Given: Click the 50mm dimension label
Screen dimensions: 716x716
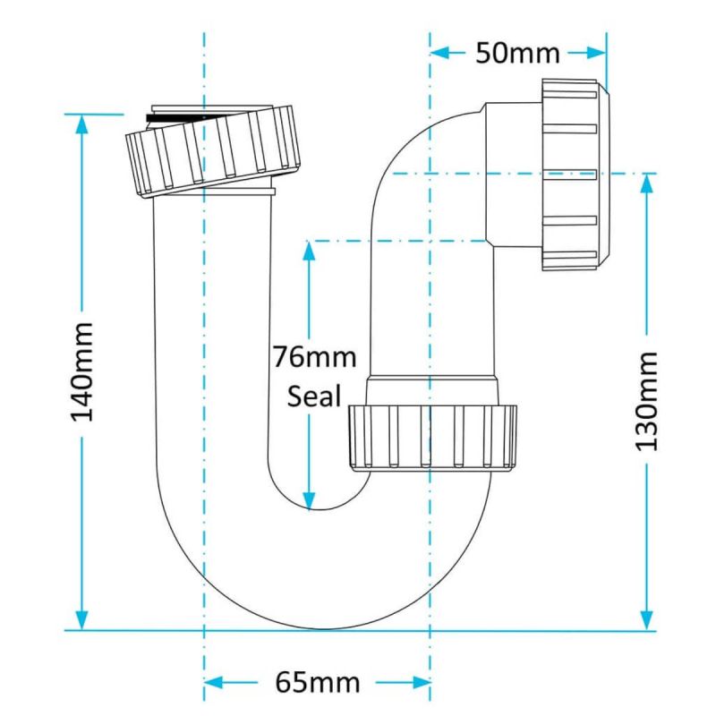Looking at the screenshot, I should [x=517, y=53].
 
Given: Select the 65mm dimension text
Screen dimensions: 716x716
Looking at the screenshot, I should [x=317, y=684].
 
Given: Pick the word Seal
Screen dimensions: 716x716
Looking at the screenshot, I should [x=314, y=396].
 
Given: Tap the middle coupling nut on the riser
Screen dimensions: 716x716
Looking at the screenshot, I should [x=432, y=437].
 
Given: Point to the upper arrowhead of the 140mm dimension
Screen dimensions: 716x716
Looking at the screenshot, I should [x=82, y=124].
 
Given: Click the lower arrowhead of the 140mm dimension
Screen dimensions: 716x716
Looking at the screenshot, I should [x=82, y=619].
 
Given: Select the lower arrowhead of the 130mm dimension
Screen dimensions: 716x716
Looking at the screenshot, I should [x=646, y=619].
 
